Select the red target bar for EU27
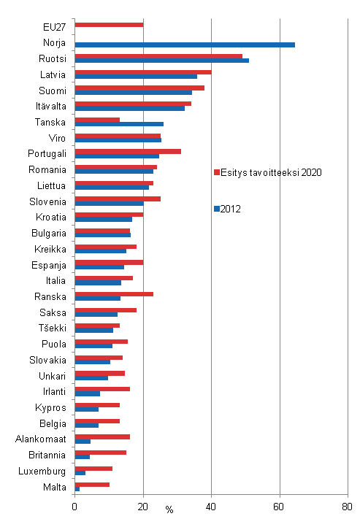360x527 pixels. pos(109,24)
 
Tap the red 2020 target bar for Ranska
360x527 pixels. pos(114,293)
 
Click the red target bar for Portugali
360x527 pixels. pos(128,151)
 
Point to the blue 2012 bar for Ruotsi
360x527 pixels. pos(161,61)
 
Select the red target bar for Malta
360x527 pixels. pos(92,484)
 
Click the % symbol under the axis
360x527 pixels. pos(169,509)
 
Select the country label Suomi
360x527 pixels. pos(53,91)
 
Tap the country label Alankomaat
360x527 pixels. pos(41,439)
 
